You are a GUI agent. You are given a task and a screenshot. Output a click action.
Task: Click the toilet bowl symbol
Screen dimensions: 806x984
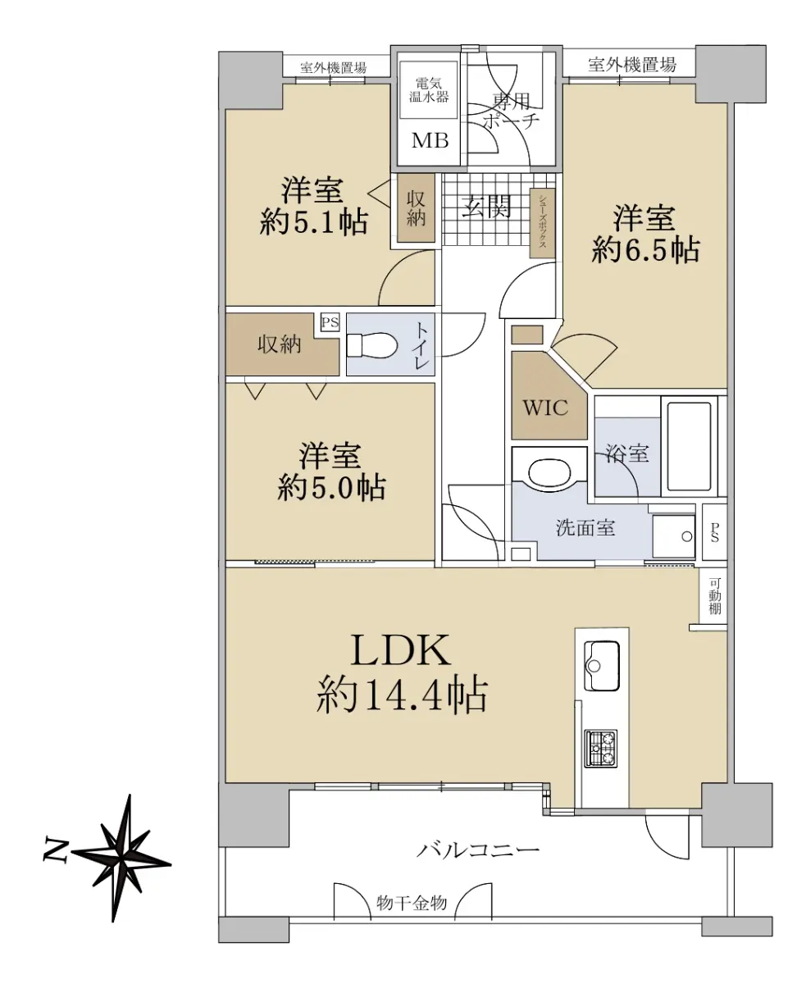(371, 344)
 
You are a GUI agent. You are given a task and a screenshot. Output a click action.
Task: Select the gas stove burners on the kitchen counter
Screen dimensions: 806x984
(601, 748)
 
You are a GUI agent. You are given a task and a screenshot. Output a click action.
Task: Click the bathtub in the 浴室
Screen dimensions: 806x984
(689, 447)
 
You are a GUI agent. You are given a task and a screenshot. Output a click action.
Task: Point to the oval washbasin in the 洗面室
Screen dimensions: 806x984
(549, 472)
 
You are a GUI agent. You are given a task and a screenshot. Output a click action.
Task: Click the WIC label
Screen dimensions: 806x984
(545, 408)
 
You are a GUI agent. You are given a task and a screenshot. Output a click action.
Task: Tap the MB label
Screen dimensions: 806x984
(430, 140)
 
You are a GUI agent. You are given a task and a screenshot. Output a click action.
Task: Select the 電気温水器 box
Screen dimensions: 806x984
(429, 89)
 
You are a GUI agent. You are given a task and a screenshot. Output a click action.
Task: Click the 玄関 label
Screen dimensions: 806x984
(487, 207)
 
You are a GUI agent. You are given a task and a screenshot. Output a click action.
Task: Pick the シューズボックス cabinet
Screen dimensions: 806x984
(543, 223)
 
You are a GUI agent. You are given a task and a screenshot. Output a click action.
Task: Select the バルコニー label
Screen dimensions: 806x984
(478, 849)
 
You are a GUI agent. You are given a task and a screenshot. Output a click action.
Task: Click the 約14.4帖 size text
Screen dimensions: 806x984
(403, 695)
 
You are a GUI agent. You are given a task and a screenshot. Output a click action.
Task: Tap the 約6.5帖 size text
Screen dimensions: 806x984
(645, 249)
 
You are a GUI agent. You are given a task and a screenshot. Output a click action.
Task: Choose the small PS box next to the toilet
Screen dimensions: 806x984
(330, 322)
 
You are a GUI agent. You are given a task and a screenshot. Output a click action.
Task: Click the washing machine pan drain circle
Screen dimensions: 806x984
(686, 536)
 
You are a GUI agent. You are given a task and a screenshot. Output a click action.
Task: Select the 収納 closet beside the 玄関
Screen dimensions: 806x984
(416, 207)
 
